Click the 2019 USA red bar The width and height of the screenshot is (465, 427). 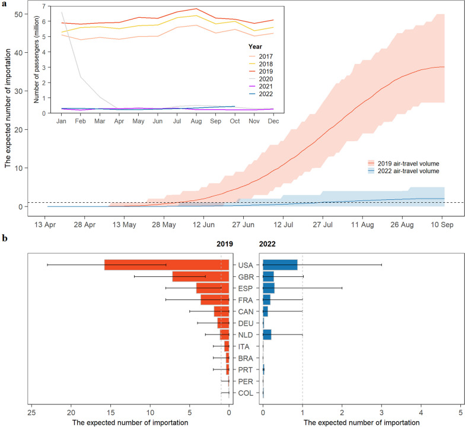pyautogui.click(x=166, y=265)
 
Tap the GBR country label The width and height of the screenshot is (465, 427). pyautogui.click(x=246, y=276)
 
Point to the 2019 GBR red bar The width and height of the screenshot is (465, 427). pyautogui.click(x=200, y=276)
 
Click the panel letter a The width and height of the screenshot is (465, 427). pyautogui.click(x=5, y=4)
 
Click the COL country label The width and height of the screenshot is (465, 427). pyautogui.click(x=246, y=393)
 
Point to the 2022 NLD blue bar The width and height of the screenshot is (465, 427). pyautogui.click(x=267, y=334)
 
